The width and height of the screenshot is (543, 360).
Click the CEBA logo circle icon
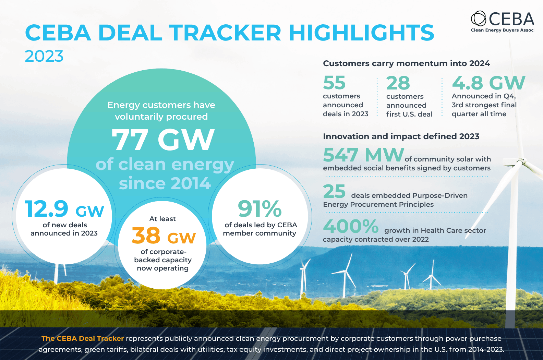pyautogui.click(x=479, y=19)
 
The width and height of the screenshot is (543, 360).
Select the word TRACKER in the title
pyautogui.click(x=226, y=33)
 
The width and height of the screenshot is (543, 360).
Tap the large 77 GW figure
pyautogui.click(x=163, y=140)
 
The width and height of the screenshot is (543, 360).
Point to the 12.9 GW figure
pyautogui.click(x=64, y=209)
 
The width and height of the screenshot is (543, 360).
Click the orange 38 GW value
pyautogui.click(x=164, y=236)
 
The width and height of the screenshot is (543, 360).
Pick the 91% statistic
pyautogui.click(x=260, y=208)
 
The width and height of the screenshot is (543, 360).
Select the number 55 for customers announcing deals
pyautogui.click(x=334, y=83)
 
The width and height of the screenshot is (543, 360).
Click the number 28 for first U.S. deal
pyautogui.click(x=398, y=83)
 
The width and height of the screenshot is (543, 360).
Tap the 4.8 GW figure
pyautogui.click(x=488, y=83)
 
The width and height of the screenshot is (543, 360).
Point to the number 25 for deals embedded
pyautogui.click(x=334, y=191)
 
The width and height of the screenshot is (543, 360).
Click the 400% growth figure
pyautogui.click(x=351, y=226)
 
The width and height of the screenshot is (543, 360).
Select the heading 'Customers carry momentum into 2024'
pyautogui.click(x=407, y=63)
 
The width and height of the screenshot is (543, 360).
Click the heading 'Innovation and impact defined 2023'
pyautogui.click(x=401, y=136)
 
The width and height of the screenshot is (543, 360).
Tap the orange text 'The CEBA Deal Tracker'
pyautogui.click(x=83, y=338)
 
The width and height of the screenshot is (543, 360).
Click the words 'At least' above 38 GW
pyautogui.click(x=162, y=219)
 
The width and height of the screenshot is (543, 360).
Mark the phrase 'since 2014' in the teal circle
pyautogui.click(x=165, y=183)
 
